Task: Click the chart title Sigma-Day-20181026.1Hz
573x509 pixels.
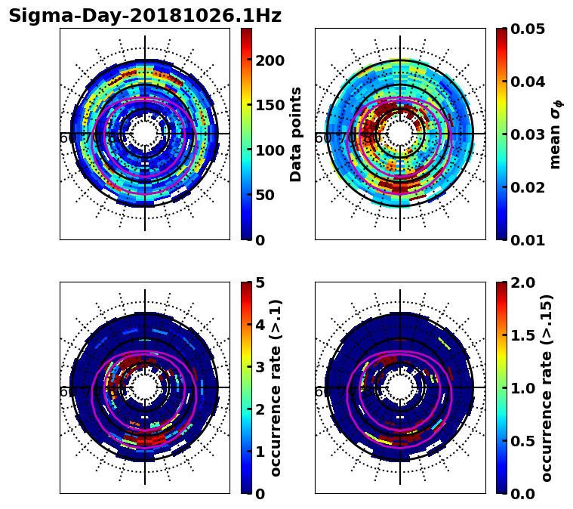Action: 145,16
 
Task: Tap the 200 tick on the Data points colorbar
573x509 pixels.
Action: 270,60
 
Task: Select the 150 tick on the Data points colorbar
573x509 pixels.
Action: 270,105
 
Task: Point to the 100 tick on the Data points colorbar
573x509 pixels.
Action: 270,150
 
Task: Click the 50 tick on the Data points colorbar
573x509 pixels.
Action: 264,195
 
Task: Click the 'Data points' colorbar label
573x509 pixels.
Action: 296,134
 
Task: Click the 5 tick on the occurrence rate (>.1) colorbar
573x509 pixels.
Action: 260,282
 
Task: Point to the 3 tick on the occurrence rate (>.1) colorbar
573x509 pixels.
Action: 260,367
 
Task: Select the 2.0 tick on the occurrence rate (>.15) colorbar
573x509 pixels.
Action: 520,282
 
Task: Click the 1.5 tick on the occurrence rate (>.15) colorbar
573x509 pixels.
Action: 520,335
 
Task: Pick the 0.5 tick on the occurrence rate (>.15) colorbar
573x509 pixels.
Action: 520,440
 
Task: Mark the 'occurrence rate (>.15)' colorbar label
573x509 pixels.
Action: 547,387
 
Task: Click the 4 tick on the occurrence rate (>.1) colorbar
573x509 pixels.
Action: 260,325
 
